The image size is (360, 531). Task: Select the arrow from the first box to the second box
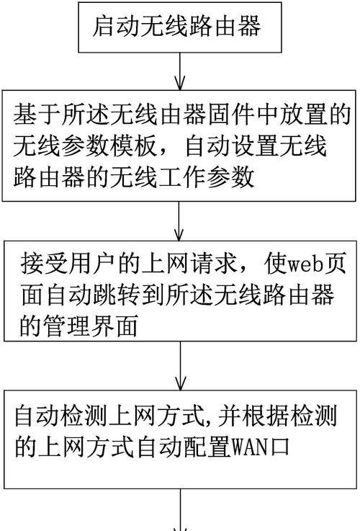pyautogui.click(x=180, y=71)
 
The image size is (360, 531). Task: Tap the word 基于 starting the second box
pyautogui.click(x=37, y=115)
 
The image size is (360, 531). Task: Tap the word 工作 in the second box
pyautogui.click(x=182, y=177)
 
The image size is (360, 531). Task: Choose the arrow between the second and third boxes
pyautogui.click(x=179, y=221)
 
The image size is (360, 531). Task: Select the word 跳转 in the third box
pyautogui.click(x=117, y=295)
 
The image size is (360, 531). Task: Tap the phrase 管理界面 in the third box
pyautogui.click(x=91, y=326)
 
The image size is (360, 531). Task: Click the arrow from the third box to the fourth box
pyautogui.click(x=181, y=366)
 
